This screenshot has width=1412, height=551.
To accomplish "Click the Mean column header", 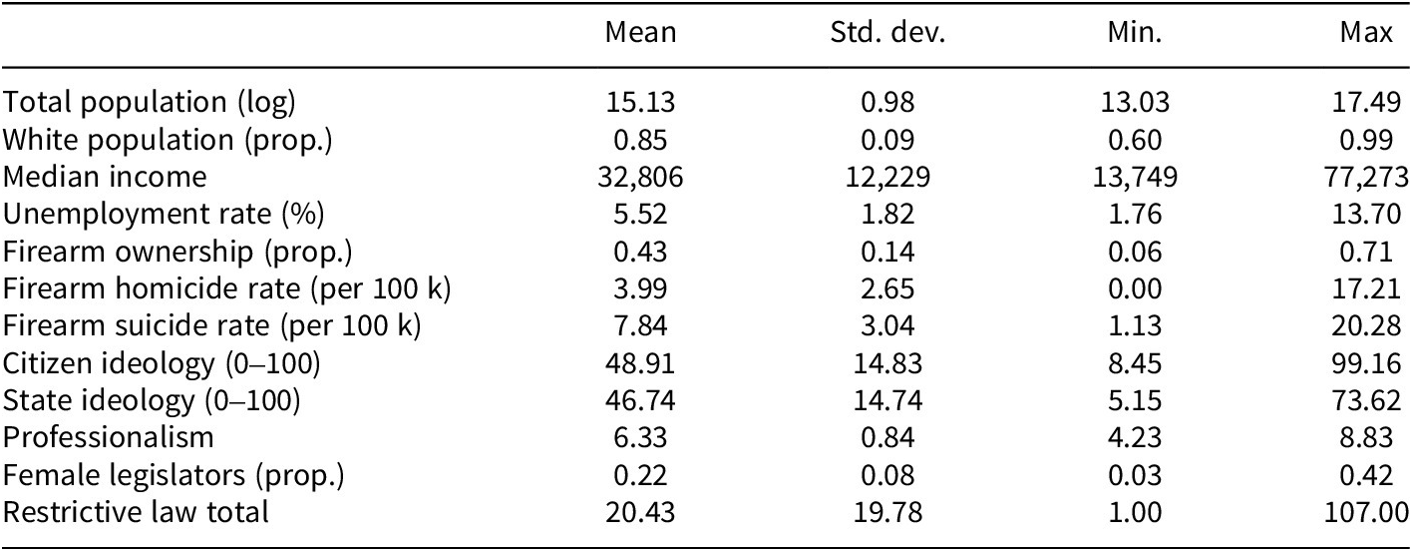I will (641, 34).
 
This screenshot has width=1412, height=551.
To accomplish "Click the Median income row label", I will (105, 177).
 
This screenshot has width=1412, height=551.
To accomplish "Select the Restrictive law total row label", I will (136, 513).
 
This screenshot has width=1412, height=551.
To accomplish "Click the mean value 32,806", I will (641, 177).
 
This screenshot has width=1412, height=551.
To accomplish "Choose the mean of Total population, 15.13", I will (641, 102).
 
